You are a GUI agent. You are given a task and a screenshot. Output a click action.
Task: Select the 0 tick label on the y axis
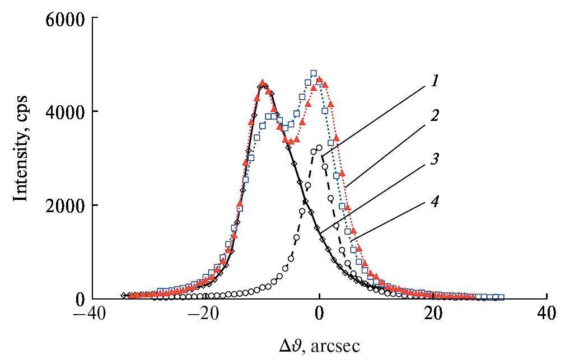point(79,298)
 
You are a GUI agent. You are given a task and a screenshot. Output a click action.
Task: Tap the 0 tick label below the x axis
point(319,314)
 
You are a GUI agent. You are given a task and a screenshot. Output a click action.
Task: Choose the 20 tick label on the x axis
point(433,314)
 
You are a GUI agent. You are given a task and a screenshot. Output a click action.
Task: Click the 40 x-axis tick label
point(547,314)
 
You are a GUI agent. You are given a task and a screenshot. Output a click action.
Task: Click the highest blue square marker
point(314,73)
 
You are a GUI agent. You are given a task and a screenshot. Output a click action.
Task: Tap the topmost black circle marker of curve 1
point(319,148)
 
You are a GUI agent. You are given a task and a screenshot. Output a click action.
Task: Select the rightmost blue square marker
point(501,297)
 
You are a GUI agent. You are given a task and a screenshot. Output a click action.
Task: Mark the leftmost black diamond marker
point(124,295)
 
